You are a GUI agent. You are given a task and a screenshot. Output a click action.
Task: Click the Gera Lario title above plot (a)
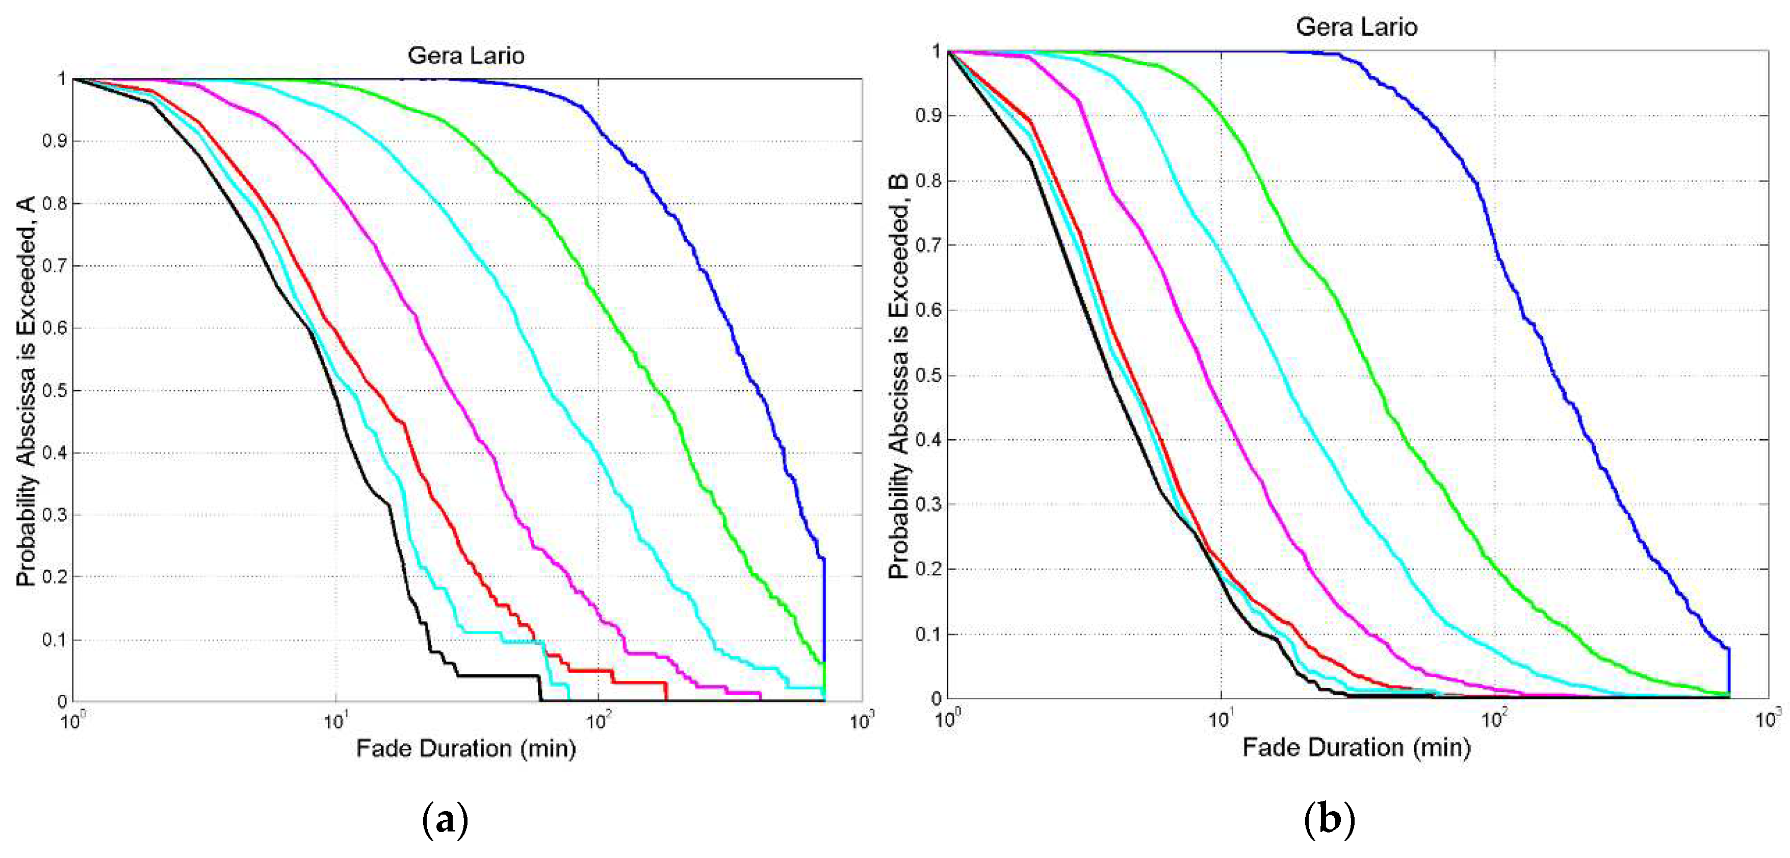point(465,56)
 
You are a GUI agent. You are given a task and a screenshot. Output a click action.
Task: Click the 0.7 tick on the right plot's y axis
point(928,245)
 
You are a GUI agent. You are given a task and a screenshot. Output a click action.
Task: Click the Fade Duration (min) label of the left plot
point(465,749)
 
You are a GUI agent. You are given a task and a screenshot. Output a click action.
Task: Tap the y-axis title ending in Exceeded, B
point(898,375)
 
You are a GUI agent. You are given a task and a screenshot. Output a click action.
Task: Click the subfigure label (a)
point(445,820)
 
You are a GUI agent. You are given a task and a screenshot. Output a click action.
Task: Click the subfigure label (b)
point(1329,820)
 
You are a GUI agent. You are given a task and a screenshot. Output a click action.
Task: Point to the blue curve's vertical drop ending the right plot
point(1729,671)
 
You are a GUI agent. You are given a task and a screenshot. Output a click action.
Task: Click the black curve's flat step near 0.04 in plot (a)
point(497,675)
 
